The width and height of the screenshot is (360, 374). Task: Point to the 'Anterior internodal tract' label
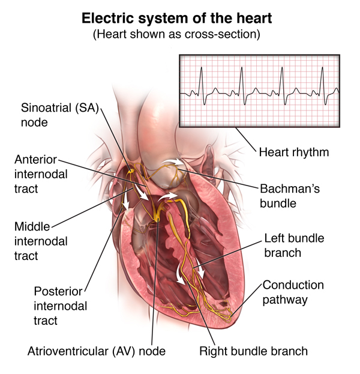tap(39, 174)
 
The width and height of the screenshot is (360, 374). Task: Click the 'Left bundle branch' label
tap(294, 245)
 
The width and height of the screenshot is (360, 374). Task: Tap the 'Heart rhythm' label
tap(293, 152)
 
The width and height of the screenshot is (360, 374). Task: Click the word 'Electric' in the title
tap(104, 18)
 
